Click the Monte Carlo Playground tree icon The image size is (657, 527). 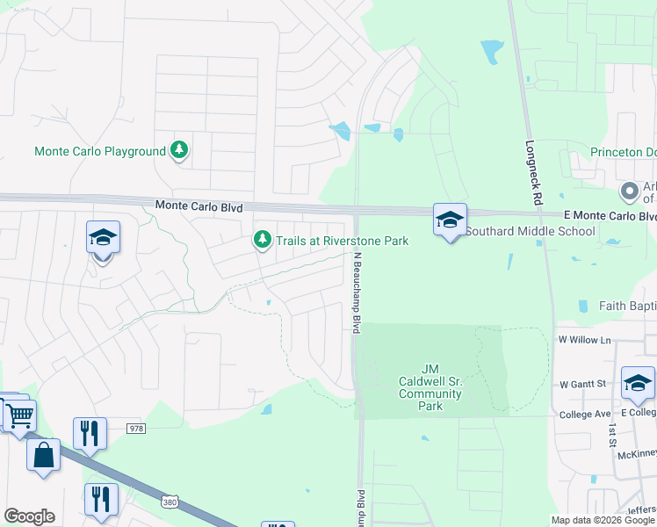179,151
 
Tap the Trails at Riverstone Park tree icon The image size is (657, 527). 262,240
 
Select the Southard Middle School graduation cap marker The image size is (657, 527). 450,220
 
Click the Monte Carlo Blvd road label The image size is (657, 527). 198,205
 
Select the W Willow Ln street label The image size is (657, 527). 583,339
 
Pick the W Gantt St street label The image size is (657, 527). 583,384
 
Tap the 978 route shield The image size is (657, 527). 135,428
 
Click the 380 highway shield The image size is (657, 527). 170,502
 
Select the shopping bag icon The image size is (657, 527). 43,455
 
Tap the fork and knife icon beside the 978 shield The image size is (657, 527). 90,433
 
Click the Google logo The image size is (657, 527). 29,516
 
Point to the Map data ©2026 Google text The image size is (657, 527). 602,520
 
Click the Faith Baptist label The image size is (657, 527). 627,307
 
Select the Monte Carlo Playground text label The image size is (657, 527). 99,151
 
